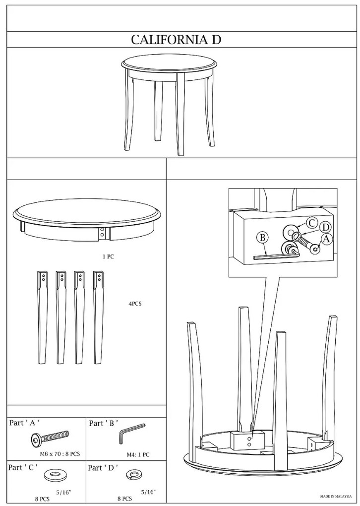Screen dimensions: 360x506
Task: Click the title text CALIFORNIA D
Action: point(176,40)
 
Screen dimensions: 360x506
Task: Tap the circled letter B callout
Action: point(263,238)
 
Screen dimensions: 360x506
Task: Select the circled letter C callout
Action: point(311,223)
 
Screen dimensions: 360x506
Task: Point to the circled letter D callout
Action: point(326,228)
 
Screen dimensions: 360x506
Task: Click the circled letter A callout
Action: point(326,239)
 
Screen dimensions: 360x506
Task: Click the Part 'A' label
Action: point(24,423)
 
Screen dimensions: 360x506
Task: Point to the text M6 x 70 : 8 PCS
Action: point(60,454)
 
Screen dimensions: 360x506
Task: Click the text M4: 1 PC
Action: point(138,455)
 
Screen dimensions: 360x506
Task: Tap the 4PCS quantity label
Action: point(135,304)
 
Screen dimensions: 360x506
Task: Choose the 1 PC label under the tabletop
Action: point(108,257)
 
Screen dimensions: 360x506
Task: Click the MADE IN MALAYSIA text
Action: point(336,496)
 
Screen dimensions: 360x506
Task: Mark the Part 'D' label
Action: point(103,468)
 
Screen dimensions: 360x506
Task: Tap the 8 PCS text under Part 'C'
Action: point(43,499)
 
